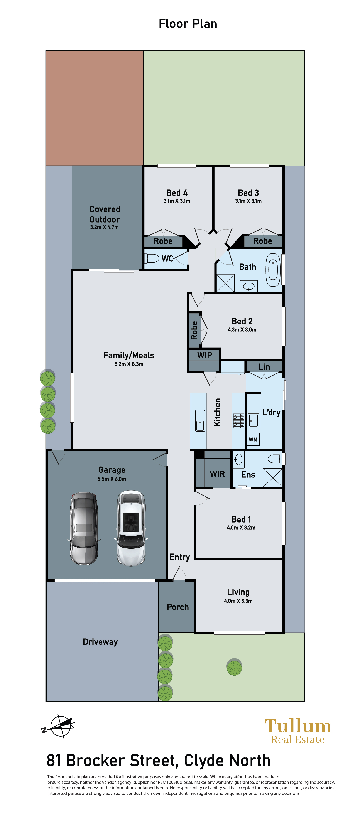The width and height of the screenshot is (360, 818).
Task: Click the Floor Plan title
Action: click(188, 24)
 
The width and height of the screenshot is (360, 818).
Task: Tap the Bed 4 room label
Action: click(177, 193)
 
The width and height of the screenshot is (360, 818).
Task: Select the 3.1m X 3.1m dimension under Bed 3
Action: click(248, 201)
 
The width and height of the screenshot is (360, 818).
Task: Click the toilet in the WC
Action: click(152, 258)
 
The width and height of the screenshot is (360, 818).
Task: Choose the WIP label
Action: click(204, 355)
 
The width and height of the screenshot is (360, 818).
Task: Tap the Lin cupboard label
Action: click(264, 367)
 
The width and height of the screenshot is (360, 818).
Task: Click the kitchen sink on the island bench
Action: click(200, 421)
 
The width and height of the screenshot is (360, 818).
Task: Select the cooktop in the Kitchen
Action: click(239, 421)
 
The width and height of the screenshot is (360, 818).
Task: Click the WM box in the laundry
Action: click(253, 439)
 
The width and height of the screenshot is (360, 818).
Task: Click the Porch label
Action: click(178, 607)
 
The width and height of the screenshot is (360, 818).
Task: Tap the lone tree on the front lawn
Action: click(234, 667)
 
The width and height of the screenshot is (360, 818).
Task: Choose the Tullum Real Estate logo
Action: click(298, 731)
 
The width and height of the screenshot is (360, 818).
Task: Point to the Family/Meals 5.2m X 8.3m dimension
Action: click(129, 364)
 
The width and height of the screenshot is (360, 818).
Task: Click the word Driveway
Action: click(100, 642)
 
